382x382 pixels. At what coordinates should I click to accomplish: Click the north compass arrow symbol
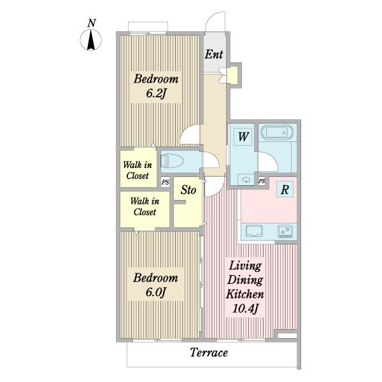pos(91,39)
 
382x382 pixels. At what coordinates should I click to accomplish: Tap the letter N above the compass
pos(91,23)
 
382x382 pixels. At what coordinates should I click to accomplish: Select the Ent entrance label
pos(214,54)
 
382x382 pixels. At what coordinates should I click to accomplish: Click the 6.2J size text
pos(156,93)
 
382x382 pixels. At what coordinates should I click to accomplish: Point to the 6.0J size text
pos(156,292)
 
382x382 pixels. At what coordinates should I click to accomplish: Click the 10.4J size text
pos(245,308)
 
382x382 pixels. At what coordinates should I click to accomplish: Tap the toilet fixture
pos(172,160)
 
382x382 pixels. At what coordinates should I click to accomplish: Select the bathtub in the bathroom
pos(277,132)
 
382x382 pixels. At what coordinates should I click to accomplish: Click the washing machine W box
pos(243,137)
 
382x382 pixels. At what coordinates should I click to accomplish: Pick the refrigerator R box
pos(285,189)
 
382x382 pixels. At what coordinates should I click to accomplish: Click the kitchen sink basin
pos(254,230)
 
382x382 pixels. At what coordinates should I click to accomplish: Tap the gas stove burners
pos(285,232)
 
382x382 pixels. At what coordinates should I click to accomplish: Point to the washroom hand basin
pos(246,180)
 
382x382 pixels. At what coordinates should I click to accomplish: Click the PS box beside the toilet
pos(165,182)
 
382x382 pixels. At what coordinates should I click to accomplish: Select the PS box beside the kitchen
pos(262,181)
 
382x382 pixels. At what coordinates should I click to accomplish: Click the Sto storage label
pos(188,190)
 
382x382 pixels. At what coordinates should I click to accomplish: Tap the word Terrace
pos(209,353)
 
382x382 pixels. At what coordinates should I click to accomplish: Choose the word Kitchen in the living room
pos(245,294)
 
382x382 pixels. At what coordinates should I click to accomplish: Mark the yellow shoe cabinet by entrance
pos(232,74)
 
